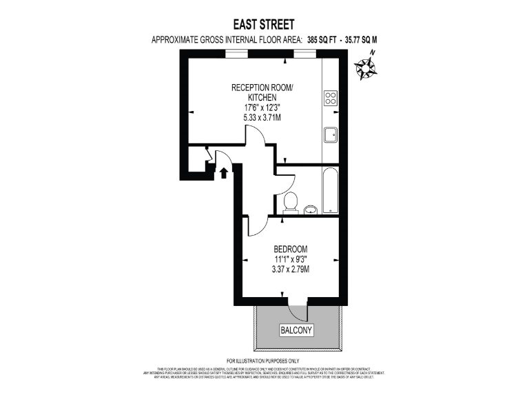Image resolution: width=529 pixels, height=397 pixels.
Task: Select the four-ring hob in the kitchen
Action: pyautogui.click(x=331, y=99)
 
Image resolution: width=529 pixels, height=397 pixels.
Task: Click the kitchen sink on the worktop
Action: pyautogui.click(x=330, y=134)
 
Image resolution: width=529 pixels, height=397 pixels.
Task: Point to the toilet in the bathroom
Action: pyautogui.click(x=290, y=203)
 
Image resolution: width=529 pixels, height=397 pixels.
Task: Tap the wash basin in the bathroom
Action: pyautogui.click(x=311, y=209)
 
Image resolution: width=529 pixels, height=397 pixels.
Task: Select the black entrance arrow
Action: pyautogui.click(x=222, y=173)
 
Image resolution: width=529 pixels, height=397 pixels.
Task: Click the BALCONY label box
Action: pyautogui.click(x=296, y=331)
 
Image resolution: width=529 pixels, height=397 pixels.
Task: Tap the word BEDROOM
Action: pyautogui.click(x=290, y=249)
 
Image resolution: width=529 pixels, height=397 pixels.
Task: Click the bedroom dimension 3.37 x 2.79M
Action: pyautogui.click(x=290, y=269)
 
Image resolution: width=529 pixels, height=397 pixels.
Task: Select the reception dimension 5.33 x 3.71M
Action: pyautogui.click(x=261, y=118)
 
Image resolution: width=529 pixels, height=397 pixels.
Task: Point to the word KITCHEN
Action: pyautogui.click(x=262, y=98)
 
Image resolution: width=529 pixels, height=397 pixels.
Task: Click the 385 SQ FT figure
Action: pyautogui.click(x=306, y=40)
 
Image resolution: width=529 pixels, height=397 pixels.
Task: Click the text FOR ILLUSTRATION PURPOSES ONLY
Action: pyautogui.click(x=263, y=361)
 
